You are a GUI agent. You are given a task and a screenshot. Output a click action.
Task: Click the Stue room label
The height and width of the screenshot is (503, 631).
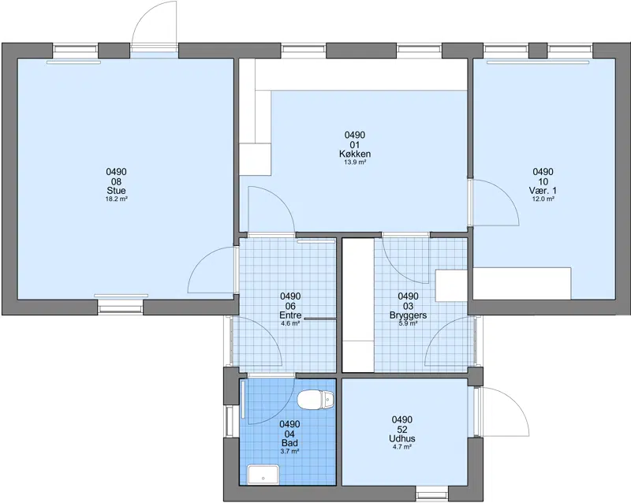coord(116,190)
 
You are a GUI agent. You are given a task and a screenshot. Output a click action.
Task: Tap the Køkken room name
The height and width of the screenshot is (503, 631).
coord(355,154)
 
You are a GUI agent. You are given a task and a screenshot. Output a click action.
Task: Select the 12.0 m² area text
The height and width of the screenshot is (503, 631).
coord(543,199)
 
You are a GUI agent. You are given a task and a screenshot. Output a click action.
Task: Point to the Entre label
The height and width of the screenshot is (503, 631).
coord(290,315)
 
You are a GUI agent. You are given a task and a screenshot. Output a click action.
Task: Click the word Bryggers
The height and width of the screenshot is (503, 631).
coord(408,315)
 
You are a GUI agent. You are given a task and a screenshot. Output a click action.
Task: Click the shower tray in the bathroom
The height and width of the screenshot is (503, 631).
coord(263,475)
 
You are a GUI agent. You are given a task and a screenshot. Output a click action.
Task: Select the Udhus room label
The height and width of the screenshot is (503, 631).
coord(402,438)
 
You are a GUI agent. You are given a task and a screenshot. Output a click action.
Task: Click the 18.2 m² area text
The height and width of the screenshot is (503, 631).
coord(116,199)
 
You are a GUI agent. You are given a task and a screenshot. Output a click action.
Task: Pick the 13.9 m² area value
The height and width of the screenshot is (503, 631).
coord(355,162)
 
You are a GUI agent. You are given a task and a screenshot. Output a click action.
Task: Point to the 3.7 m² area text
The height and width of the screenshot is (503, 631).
coord(289,452)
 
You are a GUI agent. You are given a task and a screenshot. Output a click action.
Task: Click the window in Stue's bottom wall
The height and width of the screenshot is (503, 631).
coord(121,306)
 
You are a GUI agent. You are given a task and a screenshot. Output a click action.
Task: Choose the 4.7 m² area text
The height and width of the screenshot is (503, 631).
coord(402,447)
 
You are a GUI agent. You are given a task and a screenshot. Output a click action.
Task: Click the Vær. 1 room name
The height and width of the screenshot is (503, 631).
coord(543,190)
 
